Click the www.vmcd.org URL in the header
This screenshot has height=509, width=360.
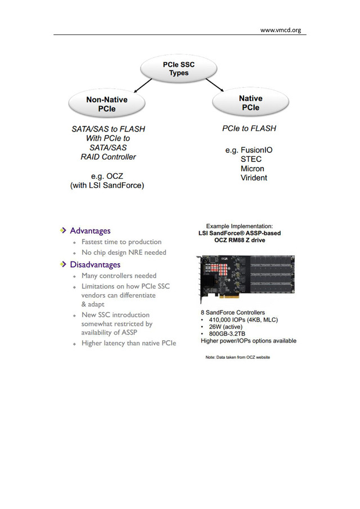point(280,30)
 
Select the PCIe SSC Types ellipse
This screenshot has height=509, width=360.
point(178,69)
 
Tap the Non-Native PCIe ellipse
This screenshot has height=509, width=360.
point(106,104)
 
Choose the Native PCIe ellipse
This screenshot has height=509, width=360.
point(250,103)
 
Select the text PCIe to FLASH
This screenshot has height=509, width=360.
point(249,129)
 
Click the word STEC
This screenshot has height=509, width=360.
point(251,160)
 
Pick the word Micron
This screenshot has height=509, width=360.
point(253,169)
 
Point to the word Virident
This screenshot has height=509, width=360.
point(254,178)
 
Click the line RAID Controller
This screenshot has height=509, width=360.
point(108,157)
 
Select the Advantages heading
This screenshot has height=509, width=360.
point(90,231)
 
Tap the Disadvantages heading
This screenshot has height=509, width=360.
point(95,264)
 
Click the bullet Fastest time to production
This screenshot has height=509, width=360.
point(121,242)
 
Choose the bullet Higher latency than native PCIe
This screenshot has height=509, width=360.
point(129,343)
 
